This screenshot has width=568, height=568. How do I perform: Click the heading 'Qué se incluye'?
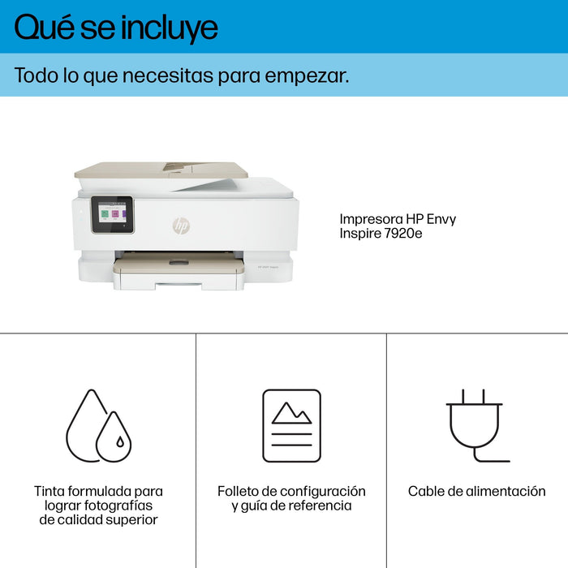click(x=116, y=28)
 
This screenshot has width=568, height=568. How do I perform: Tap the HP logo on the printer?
click(x=180, y=226)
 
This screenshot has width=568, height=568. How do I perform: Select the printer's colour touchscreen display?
click(x=112, y=215)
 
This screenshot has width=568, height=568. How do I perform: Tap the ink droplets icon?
click(x=98, y=425)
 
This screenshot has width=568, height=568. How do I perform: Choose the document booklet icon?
click(x=291, y=425)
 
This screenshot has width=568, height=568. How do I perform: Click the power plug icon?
click(x=475, y=425)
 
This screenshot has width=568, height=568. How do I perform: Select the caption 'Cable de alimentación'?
click(x=476, y=491)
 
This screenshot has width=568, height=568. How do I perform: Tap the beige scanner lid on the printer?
click(x=160, y=170)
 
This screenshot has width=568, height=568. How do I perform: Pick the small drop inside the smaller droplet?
click(x=119, y=443)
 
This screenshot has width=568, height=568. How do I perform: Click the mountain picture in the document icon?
click(x=291, y=413)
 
